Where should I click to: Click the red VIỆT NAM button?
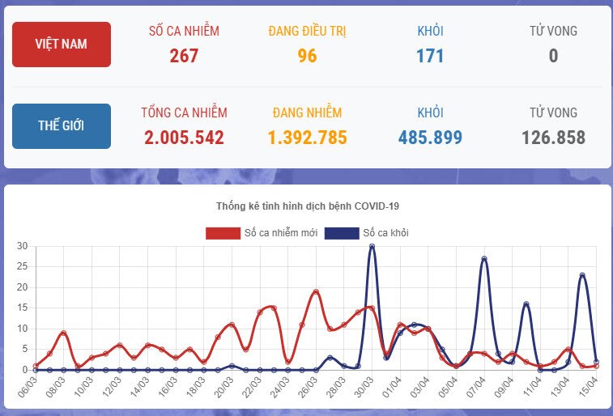[x=62, y=45]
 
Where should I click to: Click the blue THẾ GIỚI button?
[x=62, y=126]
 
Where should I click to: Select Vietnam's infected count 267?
[x=184, y=56]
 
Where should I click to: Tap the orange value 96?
[x=307, y=56]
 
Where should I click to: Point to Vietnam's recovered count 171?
[x=430, y=56]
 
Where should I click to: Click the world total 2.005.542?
[x=184, y=138]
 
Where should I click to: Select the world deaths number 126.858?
[x=553, y=138]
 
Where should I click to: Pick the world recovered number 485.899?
[x=430, y=138]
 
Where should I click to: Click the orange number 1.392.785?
[x=307, y=138]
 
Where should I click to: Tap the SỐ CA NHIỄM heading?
[x=184, y=32]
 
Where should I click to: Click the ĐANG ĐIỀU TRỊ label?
[x=307, y=32]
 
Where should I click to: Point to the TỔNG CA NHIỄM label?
[x=184, y=112]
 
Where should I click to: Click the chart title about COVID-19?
[x=308, y=206]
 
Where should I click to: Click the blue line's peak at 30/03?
[x=372, y=246]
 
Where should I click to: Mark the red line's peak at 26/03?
[x=316, y=291]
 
